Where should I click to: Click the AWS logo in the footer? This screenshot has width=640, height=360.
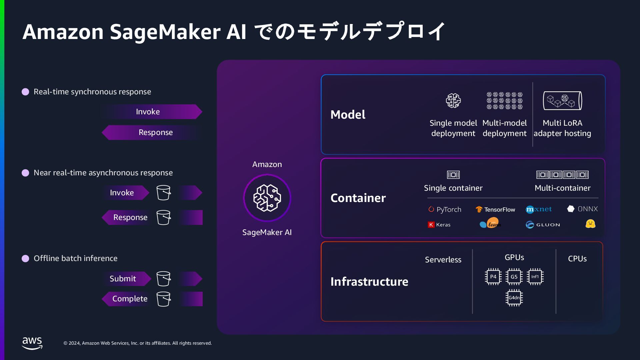32,343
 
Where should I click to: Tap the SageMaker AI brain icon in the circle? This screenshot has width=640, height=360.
267,198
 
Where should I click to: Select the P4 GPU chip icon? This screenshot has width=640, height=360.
493,277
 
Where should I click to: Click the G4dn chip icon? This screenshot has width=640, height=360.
514,298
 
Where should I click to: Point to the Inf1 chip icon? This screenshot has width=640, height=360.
535,277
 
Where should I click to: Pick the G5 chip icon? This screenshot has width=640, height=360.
514,277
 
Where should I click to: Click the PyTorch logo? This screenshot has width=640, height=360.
445,209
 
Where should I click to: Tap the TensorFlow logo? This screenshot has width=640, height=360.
495,209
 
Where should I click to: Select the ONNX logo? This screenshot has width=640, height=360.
582,209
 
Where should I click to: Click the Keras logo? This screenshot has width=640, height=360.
439,225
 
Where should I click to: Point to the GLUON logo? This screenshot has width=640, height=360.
543,225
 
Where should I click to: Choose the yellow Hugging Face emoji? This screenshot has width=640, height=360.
590,224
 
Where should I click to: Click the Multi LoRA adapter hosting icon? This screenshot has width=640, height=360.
562,101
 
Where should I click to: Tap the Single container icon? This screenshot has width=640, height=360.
453,175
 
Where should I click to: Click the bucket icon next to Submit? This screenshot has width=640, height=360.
163,279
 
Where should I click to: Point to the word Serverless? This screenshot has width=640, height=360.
443,260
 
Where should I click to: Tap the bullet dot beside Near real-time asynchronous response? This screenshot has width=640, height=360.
25,173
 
